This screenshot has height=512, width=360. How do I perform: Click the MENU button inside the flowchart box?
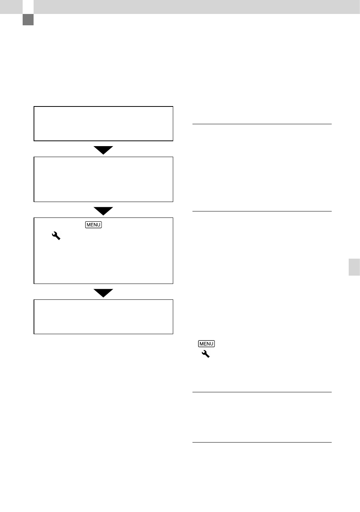point(94,225)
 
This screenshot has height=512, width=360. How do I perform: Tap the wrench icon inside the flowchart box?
point(56,236)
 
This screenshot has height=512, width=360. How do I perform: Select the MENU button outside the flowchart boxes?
point(206,344)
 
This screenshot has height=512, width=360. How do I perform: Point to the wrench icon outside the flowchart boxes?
point(206,354)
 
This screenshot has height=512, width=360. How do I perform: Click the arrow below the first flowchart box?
point(103,150)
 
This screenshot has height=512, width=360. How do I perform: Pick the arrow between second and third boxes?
point(103,211)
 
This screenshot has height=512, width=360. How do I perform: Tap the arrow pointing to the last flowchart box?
point(103,293)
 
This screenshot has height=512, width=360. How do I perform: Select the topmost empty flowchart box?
point(34,123)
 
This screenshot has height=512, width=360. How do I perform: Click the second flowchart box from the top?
point(34,179)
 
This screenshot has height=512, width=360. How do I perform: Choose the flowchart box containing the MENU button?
point(34,250)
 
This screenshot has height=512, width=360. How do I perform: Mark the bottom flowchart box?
point(34,316)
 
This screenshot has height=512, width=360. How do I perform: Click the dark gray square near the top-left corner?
point(28,20)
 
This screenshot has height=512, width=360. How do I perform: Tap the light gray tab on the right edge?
point(354,267)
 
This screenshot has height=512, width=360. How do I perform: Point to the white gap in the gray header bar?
point(28,7)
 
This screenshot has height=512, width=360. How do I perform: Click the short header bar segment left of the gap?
point(11,7)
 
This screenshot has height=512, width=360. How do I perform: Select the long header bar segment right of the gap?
point(197,7)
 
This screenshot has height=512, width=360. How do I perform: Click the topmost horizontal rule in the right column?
point(262,124)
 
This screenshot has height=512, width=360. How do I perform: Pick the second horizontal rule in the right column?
point(262,211)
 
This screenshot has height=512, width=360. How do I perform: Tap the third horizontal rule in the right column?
point(262,392)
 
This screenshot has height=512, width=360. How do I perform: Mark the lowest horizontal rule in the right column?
point(262,442)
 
